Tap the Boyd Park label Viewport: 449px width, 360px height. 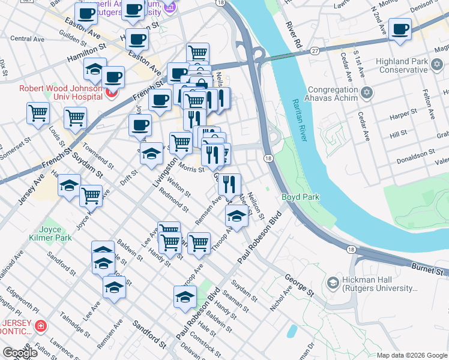(300, 197)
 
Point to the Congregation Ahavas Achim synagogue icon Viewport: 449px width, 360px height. (368, 93)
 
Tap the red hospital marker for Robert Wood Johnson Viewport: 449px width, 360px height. (110, 93)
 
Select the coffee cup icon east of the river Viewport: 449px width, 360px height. (400, 29)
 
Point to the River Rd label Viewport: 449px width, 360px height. (292, 35)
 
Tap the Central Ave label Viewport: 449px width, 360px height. (28, 39)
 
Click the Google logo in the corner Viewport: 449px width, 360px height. (20, 353)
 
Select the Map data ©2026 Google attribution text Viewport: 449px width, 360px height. (411, 355)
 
